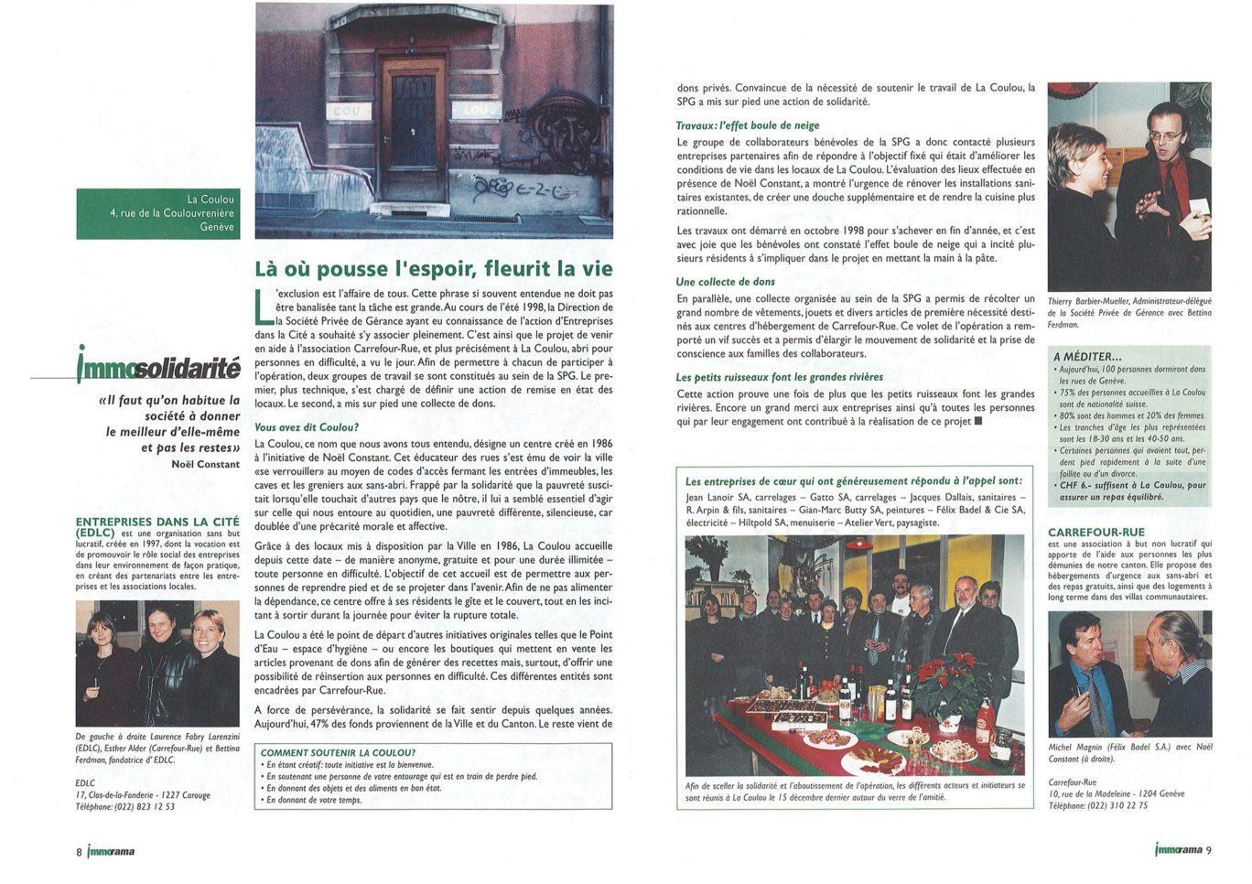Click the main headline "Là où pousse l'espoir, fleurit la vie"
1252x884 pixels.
[433, 268]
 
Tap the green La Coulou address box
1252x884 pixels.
[158, 213]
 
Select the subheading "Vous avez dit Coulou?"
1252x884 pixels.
[307, 427]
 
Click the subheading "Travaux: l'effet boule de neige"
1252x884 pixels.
[748, 125]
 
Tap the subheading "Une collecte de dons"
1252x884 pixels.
[725, 282]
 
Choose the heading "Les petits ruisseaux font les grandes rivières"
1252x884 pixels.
[779, 377]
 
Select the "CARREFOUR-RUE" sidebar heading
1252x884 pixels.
[1096, 532]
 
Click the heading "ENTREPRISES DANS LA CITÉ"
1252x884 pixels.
[157, 522]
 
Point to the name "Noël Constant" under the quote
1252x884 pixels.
[205, 464]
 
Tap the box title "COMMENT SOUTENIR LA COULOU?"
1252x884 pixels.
[338, 752]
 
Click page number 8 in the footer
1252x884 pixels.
[79, 851]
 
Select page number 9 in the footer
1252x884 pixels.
[1209, 849]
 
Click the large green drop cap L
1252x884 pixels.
[264, 307]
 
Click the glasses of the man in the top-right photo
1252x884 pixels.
[1166, 135]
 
